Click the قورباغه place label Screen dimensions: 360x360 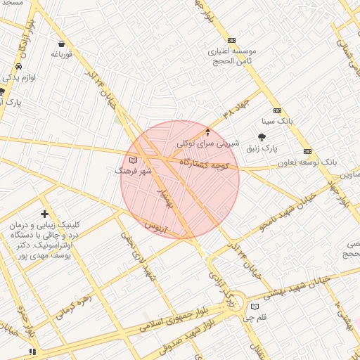[x=63, y=54]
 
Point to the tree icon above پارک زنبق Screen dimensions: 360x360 [x=262, y=137]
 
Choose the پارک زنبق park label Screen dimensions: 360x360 [x=262, y=149]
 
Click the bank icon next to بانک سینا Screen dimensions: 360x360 [x=277, y=110]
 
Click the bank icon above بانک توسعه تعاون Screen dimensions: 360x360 [x=307, y=151]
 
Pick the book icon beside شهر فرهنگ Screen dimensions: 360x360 [x=134, y=161]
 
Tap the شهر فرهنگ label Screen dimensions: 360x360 [x=133, y=171]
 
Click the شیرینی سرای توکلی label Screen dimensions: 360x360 [x=207, y=143]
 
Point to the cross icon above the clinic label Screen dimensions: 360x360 [x=45, y=213]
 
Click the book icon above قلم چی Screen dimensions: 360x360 [x=255, y=307]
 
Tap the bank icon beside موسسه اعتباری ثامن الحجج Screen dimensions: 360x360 [x=232, y=41]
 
